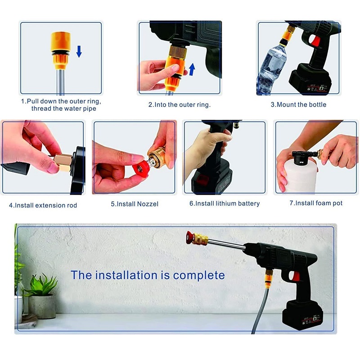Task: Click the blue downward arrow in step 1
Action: tap(79, 51)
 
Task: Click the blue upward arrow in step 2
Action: tap(192, 69)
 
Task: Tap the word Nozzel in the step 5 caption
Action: tap(148, 204)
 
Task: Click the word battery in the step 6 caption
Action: tap(249, 204)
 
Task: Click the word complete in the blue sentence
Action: tap(199, 275)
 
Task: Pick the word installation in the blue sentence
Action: tap(128, 275)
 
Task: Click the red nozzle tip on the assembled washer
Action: tap(189, 238)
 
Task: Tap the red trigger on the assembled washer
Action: tap(296, 276)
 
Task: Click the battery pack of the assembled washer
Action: tap(302, 315)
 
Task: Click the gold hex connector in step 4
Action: tap(63, 163)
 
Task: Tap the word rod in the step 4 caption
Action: tap(72, 205)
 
